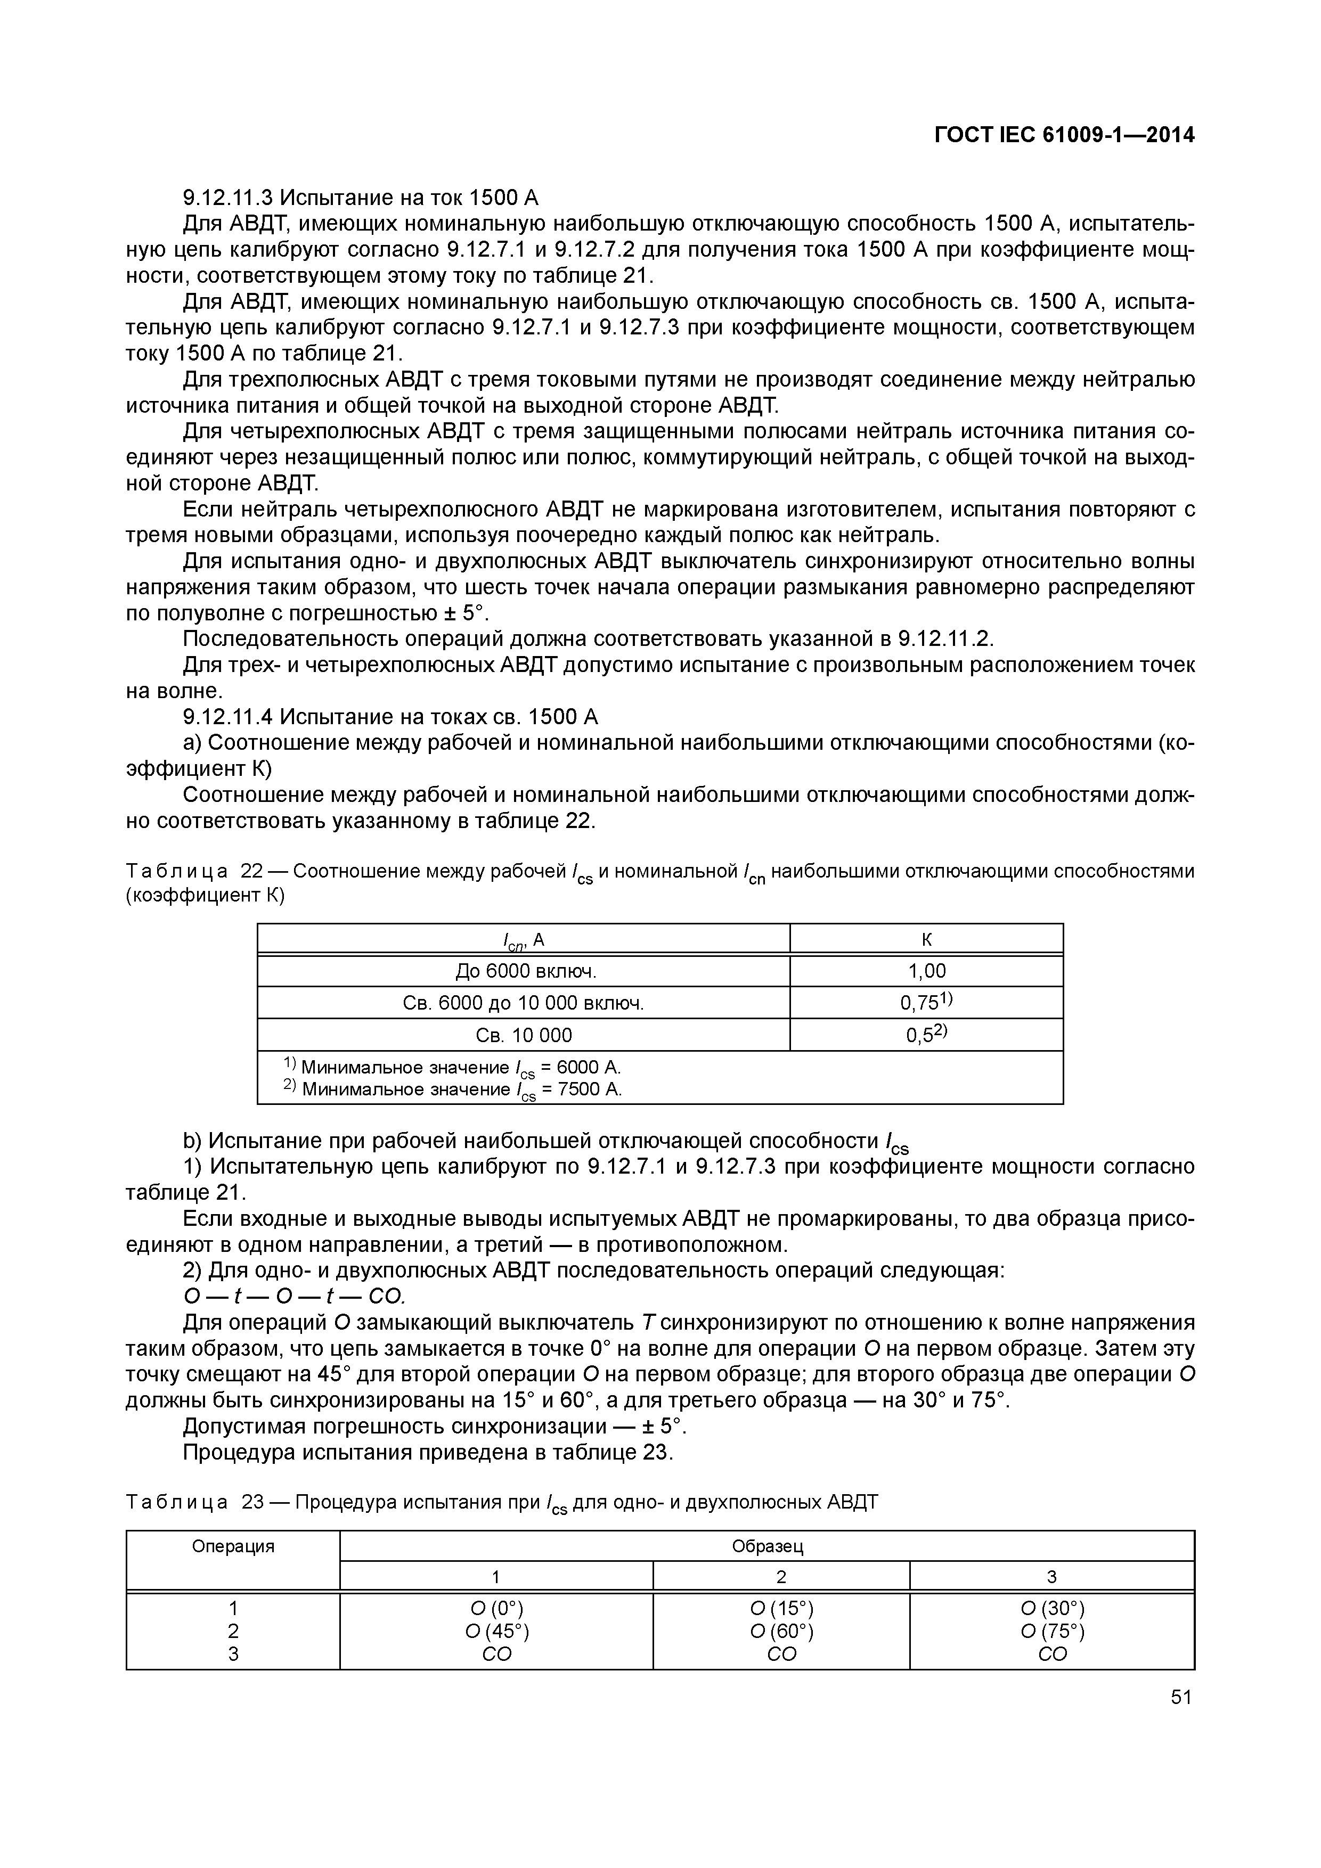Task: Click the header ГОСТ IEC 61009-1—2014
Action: pos(1064,135)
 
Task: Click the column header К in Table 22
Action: pos(926,940)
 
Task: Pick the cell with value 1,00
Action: pos(926,971)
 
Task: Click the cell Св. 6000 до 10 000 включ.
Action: pos(524,1003)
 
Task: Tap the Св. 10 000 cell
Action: pos(524,1035)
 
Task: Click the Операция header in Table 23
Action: pos(233,1546)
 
